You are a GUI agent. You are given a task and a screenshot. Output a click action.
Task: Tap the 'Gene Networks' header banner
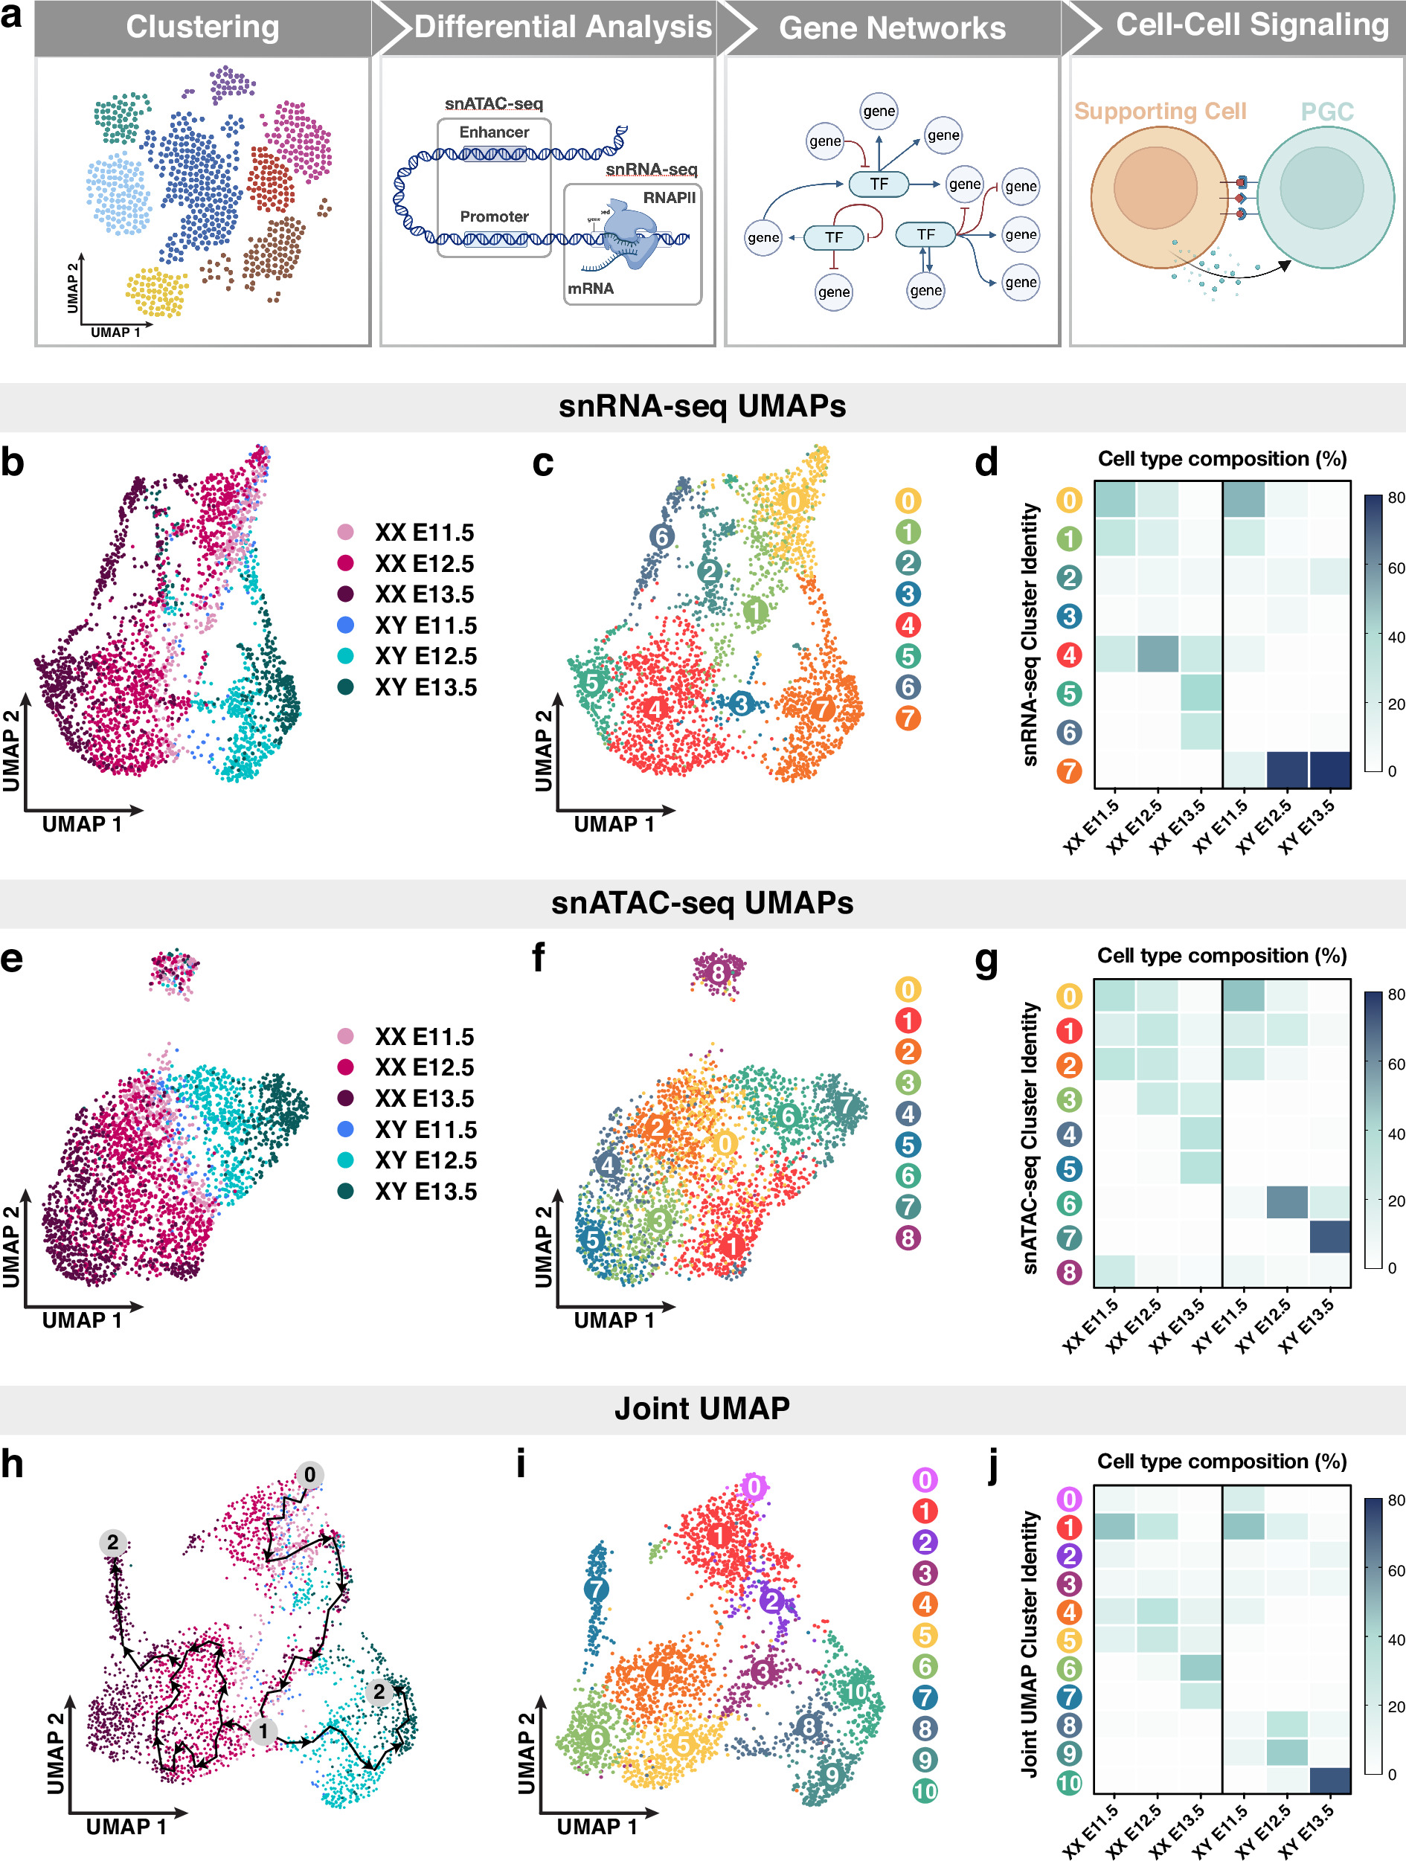[x=891, y=28]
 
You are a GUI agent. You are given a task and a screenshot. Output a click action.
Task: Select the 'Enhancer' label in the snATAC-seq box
[x=494, y=132]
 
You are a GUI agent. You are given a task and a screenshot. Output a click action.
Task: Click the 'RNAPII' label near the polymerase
[x=669, y=198]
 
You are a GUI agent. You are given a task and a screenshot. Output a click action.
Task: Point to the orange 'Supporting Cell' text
[x=1160, y=111]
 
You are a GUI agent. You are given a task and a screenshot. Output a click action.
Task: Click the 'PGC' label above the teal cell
[x=1326, y=112]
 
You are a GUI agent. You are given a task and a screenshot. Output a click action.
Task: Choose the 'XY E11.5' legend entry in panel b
[x=425, y=625]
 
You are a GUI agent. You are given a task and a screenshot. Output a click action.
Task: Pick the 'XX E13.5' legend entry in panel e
[x=424, y=1098]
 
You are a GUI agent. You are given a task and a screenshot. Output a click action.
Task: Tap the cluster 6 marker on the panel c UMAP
[x=662, y=536]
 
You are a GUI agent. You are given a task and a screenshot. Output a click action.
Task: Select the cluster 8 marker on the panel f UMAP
[x=718, y=974]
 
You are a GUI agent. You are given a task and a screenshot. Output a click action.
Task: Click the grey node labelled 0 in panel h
[x=309, y=1475]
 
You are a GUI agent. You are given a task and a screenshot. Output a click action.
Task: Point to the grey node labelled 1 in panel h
[x=263, y=1731]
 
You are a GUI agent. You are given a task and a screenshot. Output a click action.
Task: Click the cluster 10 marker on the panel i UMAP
[x=855, y=1691]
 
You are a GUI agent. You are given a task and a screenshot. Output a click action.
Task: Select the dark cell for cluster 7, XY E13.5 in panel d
[x=1329, y=770]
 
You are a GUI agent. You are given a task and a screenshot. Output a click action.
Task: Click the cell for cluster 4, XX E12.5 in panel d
[x=1157, y=654]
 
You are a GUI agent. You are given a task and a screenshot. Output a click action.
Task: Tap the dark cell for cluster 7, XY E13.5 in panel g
[x=1329, y=1237]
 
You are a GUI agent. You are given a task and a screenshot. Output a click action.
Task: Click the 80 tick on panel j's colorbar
[x=1395, y=1500]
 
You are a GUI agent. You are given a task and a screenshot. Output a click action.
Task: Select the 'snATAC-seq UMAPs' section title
[x=702, y=903]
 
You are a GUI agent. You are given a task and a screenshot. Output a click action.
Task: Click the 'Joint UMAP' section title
[x=702, y=1408]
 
